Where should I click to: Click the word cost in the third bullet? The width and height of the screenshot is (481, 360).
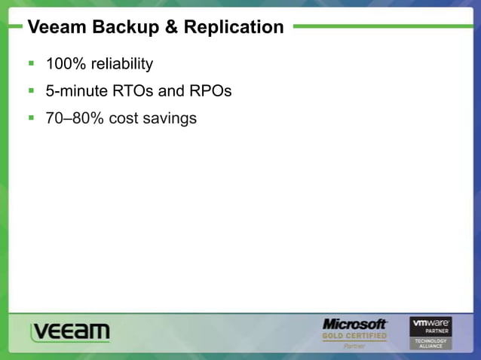125,118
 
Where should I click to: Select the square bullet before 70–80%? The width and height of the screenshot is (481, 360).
32,118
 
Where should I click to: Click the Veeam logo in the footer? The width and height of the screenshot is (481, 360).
70,331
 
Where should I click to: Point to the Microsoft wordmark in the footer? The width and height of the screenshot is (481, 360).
354,324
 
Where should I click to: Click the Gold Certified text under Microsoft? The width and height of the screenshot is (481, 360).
354,336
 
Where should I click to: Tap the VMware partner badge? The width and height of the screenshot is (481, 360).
430,332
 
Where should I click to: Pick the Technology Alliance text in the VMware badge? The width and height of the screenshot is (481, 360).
430,343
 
